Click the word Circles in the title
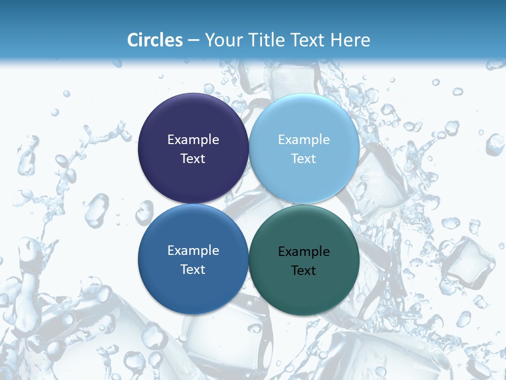tap(154, 40)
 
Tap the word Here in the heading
tap(351, 40)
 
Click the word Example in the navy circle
tap(193, 140)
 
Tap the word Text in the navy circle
tap(193, 159)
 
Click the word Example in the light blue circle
tap(304, 140)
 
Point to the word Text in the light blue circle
tap(304, 159)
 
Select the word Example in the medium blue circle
tap(193, 251)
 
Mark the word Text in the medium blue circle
tap(193, 270)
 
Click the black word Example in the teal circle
tap(304, 252)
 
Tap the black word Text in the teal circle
tap(304, 271)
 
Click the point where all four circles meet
tap(249, 204)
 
